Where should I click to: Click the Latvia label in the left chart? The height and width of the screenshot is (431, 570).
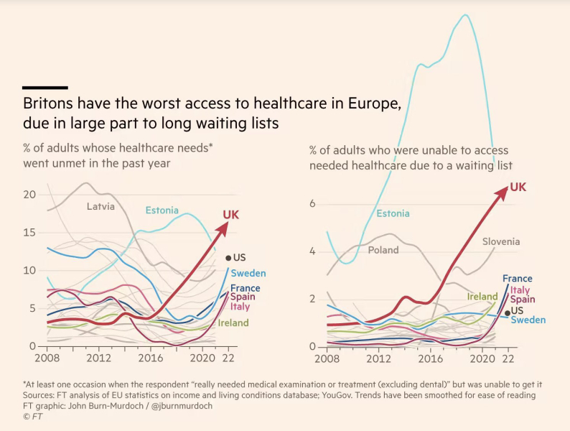click(101, 207)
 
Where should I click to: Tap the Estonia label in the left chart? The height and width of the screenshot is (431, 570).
click(162, 210)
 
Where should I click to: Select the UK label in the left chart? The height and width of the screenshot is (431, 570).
click(231, 215)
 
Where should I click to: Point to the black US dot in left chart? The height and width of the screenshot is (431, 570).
click(228, 258)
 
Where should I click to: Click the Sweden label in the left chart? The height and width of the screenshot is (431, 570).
click(248, 273)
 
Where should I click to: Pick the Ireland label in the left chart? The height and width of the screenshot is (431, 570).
click(233, 323)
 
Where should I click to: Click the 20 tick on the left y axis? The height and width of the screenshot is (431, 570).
click(30, 195)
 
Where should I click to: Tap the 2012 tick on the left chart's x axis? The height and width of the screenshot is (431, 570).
click(98, 358)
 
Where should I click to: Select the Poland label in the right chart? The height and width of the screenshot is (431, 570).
click(383, 250)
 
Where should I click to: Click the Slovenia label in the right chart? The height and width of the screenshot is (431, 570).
click(501, 241)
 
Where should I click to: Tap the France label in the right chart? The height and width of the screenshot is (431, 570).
click(518, 279)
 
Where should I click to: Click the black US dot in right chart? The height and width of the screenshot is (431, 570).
click(508, 312)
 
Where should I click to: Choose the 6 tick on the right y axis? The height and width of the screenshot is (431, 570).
click(312, 204)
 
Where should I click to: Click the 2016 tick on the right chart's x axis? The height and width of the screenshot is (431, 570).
click(431, 359)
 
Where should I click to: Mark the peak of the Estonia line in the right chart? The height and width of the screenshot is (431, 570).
click(465, 14)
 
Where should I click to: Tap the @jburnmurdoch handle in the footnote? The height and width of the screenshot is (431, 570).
click(182, 406)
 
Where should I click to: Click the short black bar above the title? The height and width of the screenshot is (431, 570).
click(45, 88)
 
